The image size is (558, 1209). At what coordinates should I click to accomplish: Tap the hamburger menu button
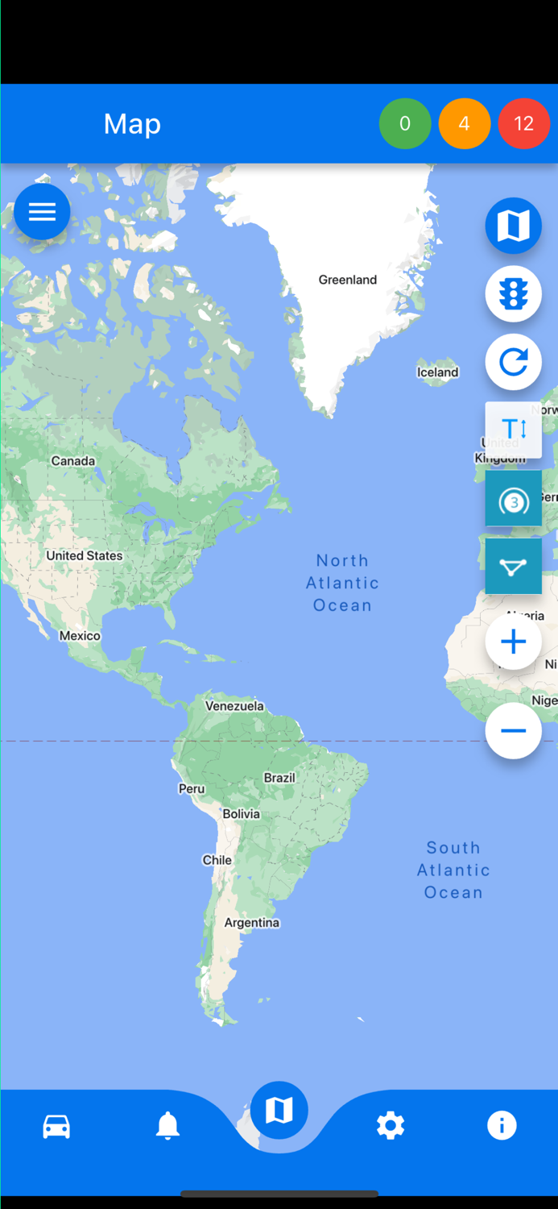pos(42,211)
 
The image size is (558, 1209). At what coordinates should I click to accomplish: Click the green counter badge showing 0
pos(405,123)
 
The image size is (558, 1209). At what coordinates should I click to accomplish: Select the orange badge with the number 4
pos(465,123)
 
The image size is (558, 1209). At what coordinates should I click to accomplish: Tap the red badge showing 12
pos(524,123)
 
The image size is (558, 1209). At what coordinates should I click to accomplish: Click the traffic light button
pos(513,294)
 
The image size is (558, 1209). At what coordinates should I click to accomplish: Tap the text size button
pos(513,429)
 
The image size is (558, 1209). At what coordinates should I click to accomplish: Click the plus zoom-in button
pos(513,642)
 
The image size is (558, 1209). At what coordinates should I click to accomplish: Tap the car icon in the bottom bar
pos(56,1126)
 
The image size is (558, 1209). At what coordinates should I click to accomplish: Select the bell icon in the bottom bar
pos(167,1126)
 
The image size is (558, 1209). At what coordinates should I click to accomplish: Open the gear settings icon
pos(391,1126)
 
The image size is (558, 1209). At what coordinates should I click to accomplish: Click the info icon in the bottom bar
pos(502,1126)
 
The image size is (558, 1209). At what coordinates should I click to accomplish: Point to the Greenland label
pos(348,280)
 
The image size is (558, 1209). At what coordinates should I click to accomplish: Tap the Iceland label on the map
pos(437,372)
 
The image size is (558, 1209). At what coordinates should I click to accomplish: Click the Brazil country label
pos(279,778)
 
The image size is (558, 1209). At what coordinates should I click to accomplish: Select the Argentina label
pos(252,923)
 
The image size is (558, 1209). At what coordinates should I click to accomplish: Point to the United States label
pos(85,555)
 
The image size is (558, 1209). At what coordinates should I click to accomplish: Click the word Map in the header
pos(132,124)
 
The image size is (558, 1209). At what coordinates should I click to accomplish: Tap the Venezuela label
pos(234,706)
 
